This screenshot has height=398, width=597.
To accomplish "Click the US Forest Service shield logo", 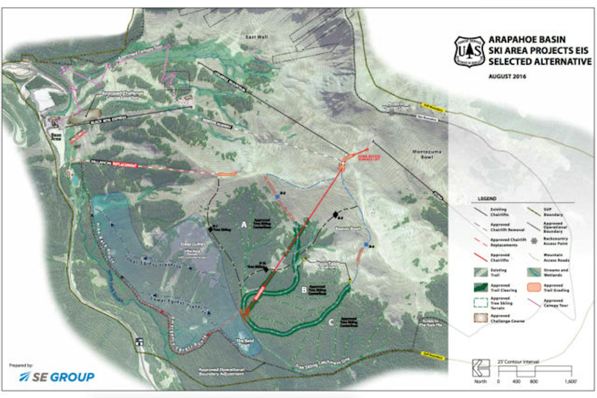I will click(x=469, y=52).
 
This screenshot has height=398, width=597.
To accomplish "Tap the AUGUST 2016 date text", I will click(x=507, y=76).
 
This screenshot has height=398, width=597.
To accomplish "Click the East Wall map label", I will click(x=257, y=37).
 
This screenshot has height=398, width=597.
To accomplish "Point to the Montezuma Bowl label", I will click(x=427, y=154).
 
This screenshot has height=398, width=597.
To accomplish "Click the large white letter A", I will click(x=244, y=224).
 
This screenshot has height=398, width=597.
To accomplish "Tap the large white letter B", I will click(x=304, y=290).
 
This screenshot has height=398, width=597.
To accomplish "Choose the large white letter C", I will click(x=331, y=322).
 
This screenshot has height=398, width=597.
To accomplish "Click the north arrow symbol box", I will click(x=481, y=368).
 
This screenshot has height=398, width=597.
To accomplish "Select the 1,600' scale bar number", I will click(x=570, y=381).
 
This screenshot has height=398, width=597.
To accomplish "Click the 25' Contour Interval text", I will click(x=518, y=362).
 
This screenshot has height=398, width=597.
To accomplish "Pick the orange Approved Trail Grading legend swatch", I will click(x=534, y=287).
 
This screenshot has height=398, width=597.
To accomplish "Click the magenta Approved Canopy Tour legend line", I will click(x=534, y=303).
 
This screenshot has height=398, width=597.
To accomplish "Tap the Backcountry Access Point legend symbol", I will click(x=534, y=241).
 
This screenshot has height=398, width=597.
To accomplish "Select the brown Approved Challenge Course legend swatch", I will click(x=481, y=318).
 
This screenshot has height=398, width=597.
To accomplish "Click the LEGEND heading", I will click(x=487, y=199).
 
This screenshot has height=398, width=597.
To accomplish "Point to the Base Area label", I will click(x=56, y=137).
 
